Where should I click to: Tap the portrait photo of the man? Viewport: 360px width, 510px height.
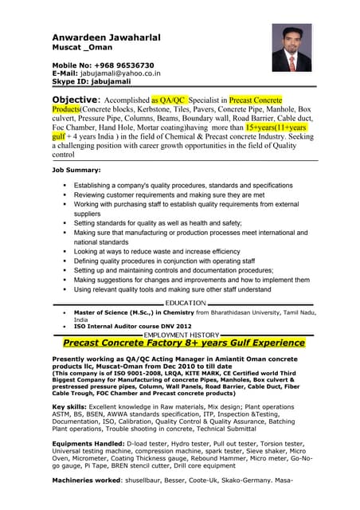[292, 48]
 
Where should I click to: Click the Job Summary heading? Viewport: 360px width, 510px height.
[76, 170]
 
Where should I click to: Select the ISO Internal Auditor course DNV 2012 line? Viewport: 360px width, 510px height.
[133, 327]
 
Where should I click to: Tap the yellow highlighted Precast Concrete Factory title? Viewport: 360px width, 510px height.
[184, 343]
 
